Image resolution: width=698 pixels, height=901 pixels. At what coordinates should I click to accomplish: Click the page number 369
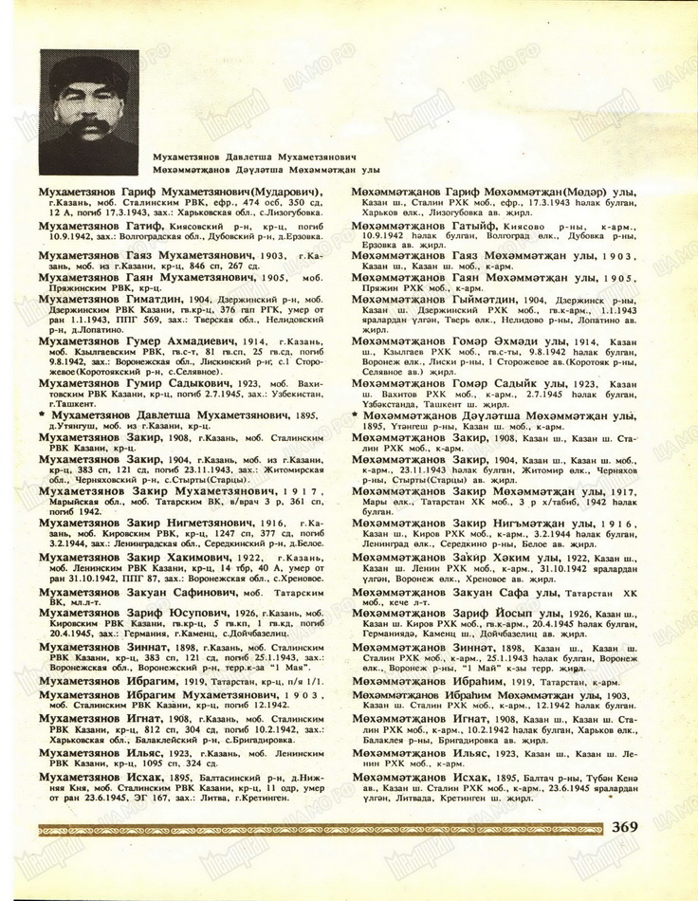(632, 826)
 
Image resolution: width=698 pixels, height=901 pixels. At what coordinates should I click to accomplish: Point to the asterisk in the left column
(42, 414)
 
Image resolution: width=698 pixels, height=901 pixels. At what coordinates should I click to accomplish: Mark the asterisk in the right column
(356, 414)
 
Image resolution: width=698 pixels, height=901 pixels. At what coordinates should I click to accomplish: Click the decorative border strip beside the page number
(322, 828)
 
